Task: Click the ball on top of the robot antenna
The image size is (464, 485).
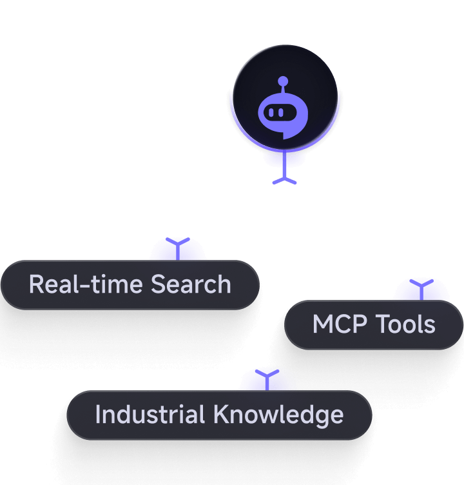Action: (282, 81)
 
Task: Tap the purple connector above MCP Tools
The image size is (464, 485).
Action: (421, 290)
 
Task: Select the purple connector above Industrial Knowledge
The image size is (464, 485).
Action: (266, 379)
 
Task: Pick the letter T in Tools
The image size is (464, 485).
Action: (382, 324)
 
